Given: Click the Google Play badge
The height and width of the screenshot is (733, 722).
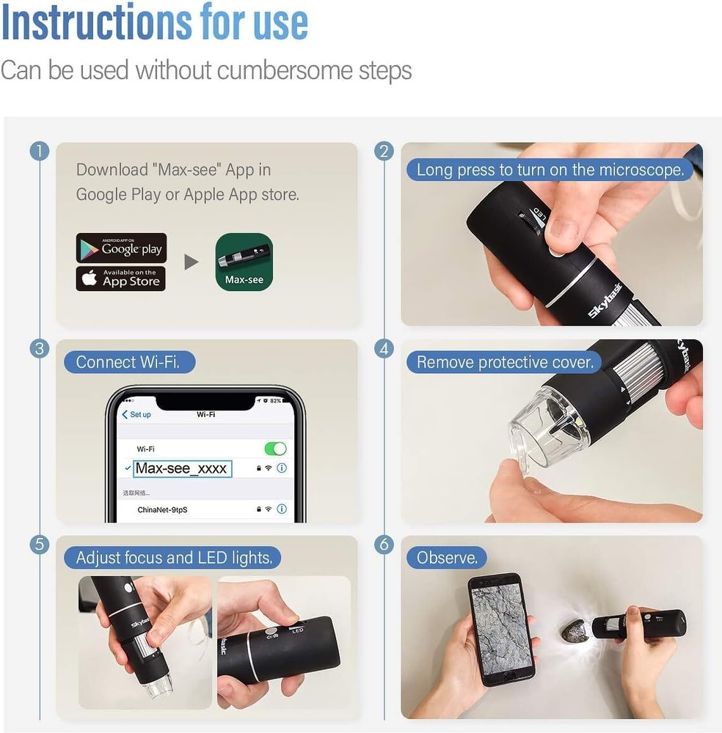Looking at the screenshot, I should [x=121, y=248].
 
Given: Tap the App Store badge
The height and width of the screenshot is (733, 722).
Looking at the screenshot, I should [x=121, y=279].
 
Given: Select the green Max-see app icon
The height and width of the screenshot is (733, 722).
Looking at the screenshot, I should [x=244, y=262].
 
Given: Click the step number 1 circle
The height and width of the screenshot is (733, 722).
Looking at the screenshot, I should [x=40, y=152].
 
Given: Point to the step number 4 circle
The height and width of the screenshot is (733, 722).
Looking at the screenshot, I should [x=384, y=349].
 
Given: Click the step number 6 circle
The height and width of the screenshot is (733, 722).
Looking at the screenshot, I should [x=384, y=545].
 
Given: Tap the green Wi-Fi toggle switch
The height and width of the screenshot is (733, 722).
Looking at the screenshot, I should [x=275, y=449].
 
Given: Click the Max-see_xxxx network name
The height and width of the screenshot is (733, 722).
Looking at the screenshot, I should [x=181, y=468].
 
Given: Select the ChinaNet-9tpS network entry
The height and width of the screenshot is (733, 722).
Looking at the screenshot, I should [x=162, y=509].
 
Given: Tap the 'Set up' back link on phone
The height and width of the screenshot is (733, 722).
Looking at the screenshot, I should [x=136, y=415].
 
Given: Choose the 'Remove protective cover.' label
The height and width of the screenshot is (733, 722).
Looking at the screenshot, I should [x=505, y=362].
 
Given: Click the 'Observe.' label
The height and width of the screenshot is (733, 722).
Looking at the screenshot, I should [x=447, y=558].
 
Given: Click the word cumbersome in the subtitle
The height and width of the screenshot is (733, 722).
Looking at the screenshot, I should [x=285, y=70].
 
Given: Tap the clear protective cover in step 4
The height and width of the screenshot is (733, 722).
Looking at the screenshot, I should [x=547, y=432].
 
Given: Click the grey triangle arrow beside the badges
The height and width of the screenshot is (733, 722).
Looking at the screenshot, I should [x=192, y=262].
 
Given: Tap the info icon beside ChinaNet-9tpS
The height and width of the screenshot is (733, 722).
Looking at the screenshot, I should [x=282, y=509].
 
